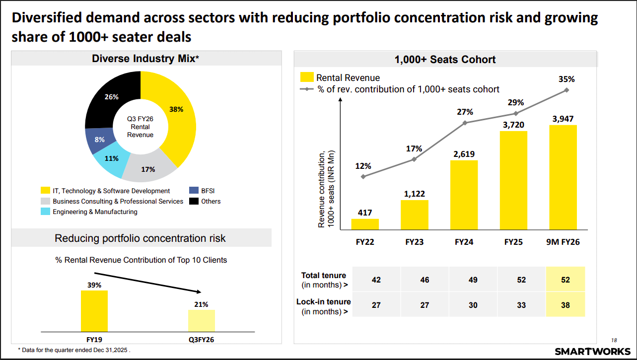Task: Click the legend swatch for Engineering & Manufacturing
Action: point(45,212)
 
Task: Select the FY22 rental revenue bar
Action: point(365,224)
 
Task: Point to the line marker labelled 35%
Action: point(566,90)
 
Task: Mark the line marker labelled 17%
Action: point(414,159)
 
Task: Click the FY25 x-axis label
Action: point(513,242)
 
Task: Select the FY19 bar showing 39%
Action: point(94,311)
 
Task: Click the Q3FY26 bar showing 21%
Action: point(201,320)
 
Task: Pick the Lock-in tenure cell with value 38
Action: point(565,305)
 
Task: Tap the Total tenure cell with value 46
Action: point(425,280)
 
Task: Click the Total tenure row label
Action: point(324,280)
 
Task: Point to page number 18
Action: point(614,340)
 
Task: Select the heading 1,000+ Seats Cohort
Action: point(445,60)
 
